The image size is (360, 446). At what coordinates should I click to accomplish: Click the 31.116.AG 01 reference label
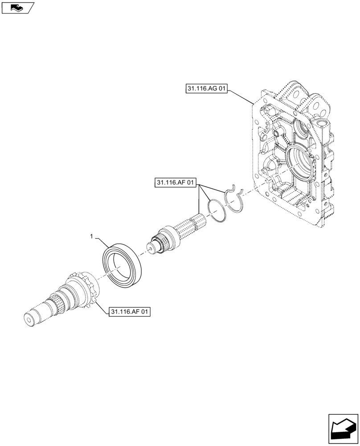[x=205, y=89]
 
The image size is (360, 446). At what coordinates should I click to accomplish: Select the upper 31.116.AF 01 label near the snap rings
[x=176, y=182]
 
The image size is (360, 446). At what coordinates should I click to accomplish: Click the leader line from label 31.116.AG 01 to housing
[x=241, y=96]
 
